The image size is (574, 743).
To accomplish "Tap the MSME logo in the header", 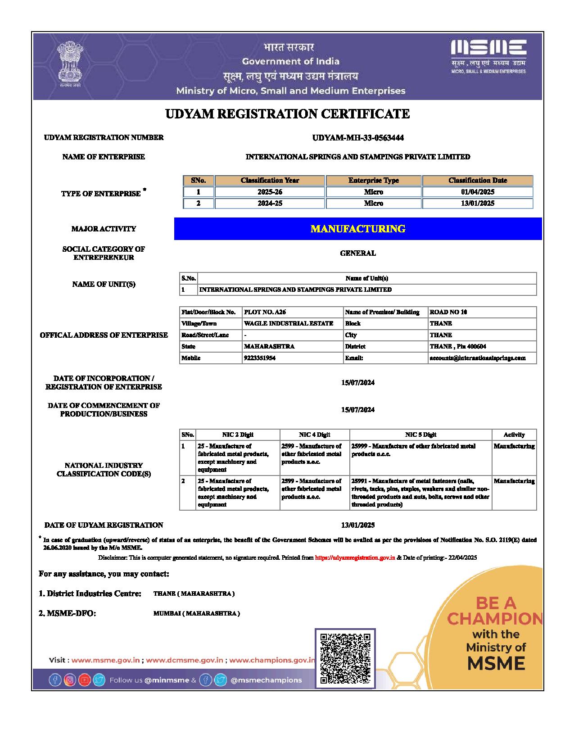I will click(x=488, y=56).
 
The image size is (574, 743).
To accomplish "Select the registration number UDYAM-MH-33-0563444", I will click(x=358, y=138).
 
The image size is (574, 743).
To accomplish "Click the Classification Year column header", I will click(x=270, y=181).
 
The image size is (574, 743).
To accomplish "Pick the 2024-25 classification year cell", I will click(x=270, y=204).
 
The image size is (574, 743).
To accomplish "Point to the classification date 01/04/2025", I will click(x=477, y=192).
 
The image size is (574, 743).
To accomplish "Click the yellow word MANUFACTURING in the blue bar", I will click(x=358, y=229).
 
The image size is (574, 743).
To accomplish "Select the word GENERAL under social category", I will click(x=358, y=253).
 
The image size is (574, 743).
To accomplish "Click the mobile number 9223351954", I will click(x=260, y=358).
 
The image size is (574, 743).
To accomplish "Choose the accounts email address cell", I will click(x=478, y=358).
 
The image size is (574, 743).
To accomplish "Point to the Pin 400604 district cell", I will click(x=458, y=346).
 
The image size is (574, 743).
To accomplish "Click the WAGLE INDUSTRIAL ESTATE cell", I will click(x=289, y=323).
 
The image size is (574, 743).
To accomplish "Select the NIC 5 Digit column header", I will click(x=420, y=435).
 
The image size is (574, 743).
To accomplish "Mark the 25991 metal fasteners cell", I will click(x=420, y=493).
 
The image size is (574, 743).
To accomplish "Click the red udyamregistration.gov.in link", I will click(x=355, y=557).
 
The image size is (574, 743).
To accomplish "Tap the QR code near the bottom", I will click(x=345, y=658).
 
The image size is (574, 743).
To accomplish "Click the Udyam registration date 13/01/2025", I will click(x=358, y=525).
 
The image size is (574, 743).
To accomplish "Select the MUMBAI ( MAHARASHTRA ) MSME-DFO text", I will click(x=197, y=613).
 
